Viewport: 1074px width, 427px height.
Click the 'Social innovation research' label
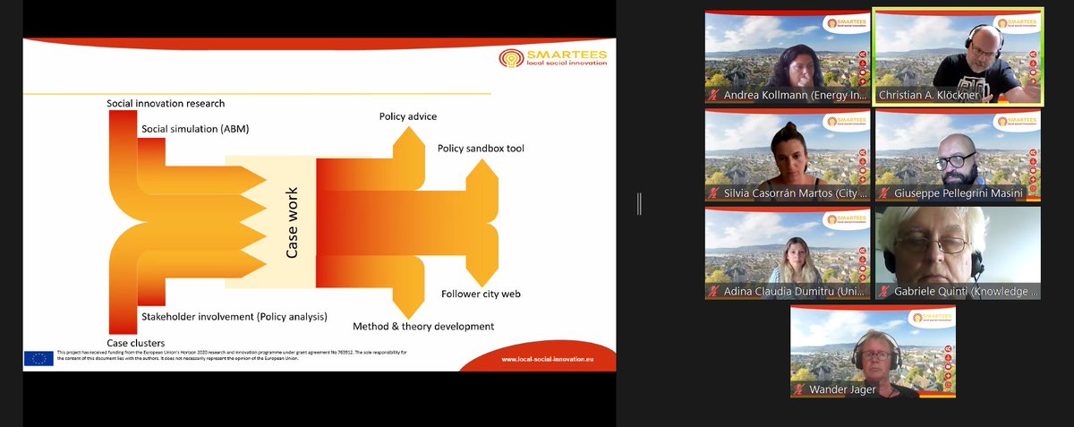click(x=166, y=104)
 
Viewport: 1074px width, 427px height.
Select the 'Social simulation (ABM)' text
click(x=195, y=129)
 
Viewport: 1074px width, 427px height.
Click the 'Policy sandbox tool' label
click(x=481, y=148)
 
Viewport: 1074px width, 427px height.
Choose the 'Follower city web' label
click(x=481, y=294)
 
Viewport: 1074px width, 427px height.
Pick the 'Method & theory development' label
click(x=423, y=327)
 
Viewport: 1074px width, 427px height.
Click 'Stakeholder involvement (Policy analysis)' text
click(x=234, y=316)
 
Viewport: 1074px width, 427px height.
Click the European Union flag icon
click(x=38, y=358)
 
